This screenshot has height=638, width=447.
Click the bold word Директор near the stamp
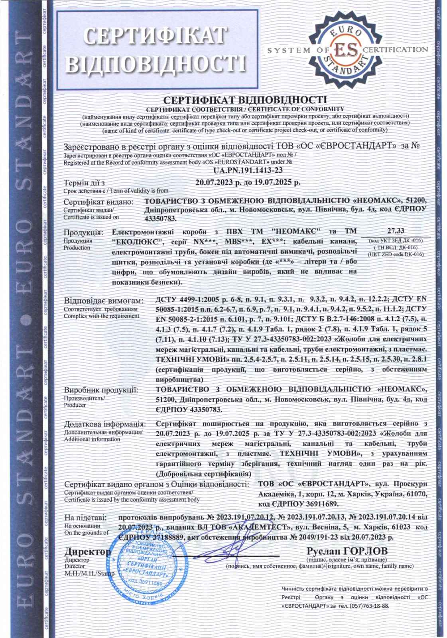[87, 552]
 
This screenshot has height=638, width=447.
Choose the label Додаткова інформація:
[105, 423]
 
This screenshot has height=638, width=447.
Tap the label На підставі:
[85, 518]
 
